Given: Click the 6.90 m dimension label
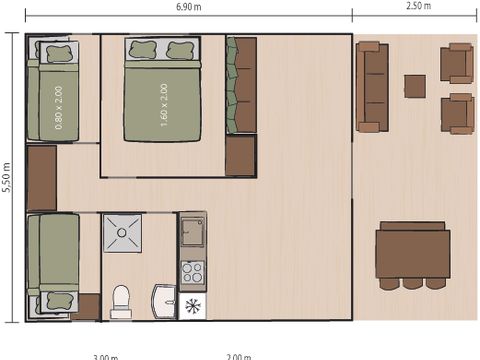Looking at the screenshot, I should coord(188,7).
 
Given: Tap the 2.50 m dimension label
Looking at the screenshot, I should coord(418,7).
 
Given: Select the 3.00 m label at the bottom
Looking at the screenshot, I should coord(105,356).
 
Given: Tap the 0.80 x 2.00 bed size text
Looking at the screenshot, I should coord(59,108).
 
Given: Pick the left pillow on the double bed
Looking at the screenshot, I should coord(140,49).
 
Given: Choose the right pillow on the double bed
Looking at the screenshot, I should coord(181,49).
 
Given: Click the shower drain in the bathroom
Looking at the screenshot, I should coord(122,232).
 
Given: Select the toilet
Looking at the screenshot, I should coord(121,300).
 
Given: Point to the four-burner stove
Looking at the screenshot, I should coord(192,272).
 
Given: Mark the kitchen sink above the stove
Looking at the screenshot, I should coord(192,233).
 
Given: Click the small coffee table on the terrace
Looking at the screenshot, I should coord(414,86).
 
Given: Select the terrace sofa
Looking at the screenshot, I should coord(372,87).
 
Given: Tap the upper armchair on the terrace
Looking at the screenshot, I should coord(458,63).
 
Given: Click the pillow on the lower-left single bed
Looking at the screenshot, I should coord(54,300).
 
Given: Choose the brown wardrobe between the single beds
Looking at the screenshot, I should coord(41,178).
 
